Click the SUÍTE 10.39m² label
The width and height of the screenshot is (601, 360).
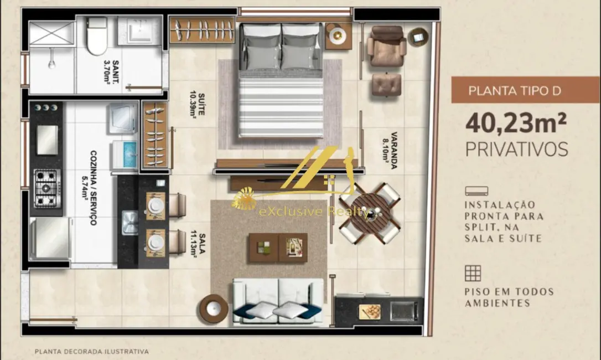coord(198,104)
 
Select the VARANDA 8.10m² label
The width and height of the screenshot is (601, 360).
coord(390,150)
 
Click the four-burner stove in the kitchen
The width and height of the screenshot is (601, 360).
coord(46,188)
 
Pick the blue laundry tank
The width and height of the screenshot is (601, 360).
coord(125,155)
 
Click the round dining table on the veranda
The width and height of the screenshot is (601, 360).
coord(370,213)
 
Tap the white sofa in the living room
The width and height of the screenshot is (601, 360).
coord(278,302)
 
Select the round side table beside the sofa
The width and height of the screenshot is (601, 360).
coord(213,308)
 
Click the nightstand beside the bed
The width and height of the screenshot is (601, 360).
coord(338,35)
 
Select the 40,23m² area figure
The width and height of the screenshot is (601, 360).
coord(516,122)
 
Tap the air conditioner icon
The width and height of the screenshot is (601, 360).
coord(476,191)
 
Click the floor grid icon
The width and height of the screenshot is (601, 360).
coord(473,273)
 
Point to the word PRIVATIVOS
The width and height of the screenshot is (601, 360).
coord(517,149)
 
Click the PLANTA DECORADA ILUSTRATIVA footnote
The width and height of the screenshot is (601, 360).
coord(92,351)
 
